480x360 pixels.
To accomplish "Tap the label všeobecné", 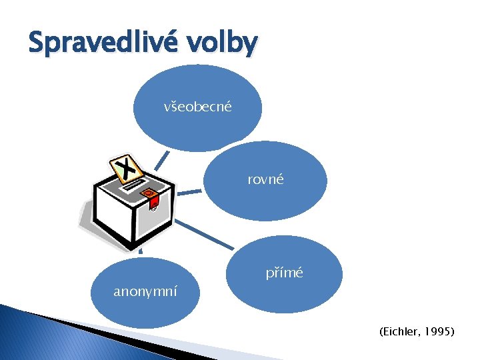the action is click(x=197, y=106).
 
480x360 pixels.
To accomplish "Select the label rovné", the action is click(x=265, y=179).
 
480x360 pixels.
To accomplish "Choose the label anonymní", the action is click(x=145, y=291).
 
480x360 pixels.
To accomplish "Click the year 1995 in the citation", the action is click(x=441, y=331).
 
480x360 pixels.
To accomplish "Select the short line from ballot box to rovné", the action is click(x=189, y=192).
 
